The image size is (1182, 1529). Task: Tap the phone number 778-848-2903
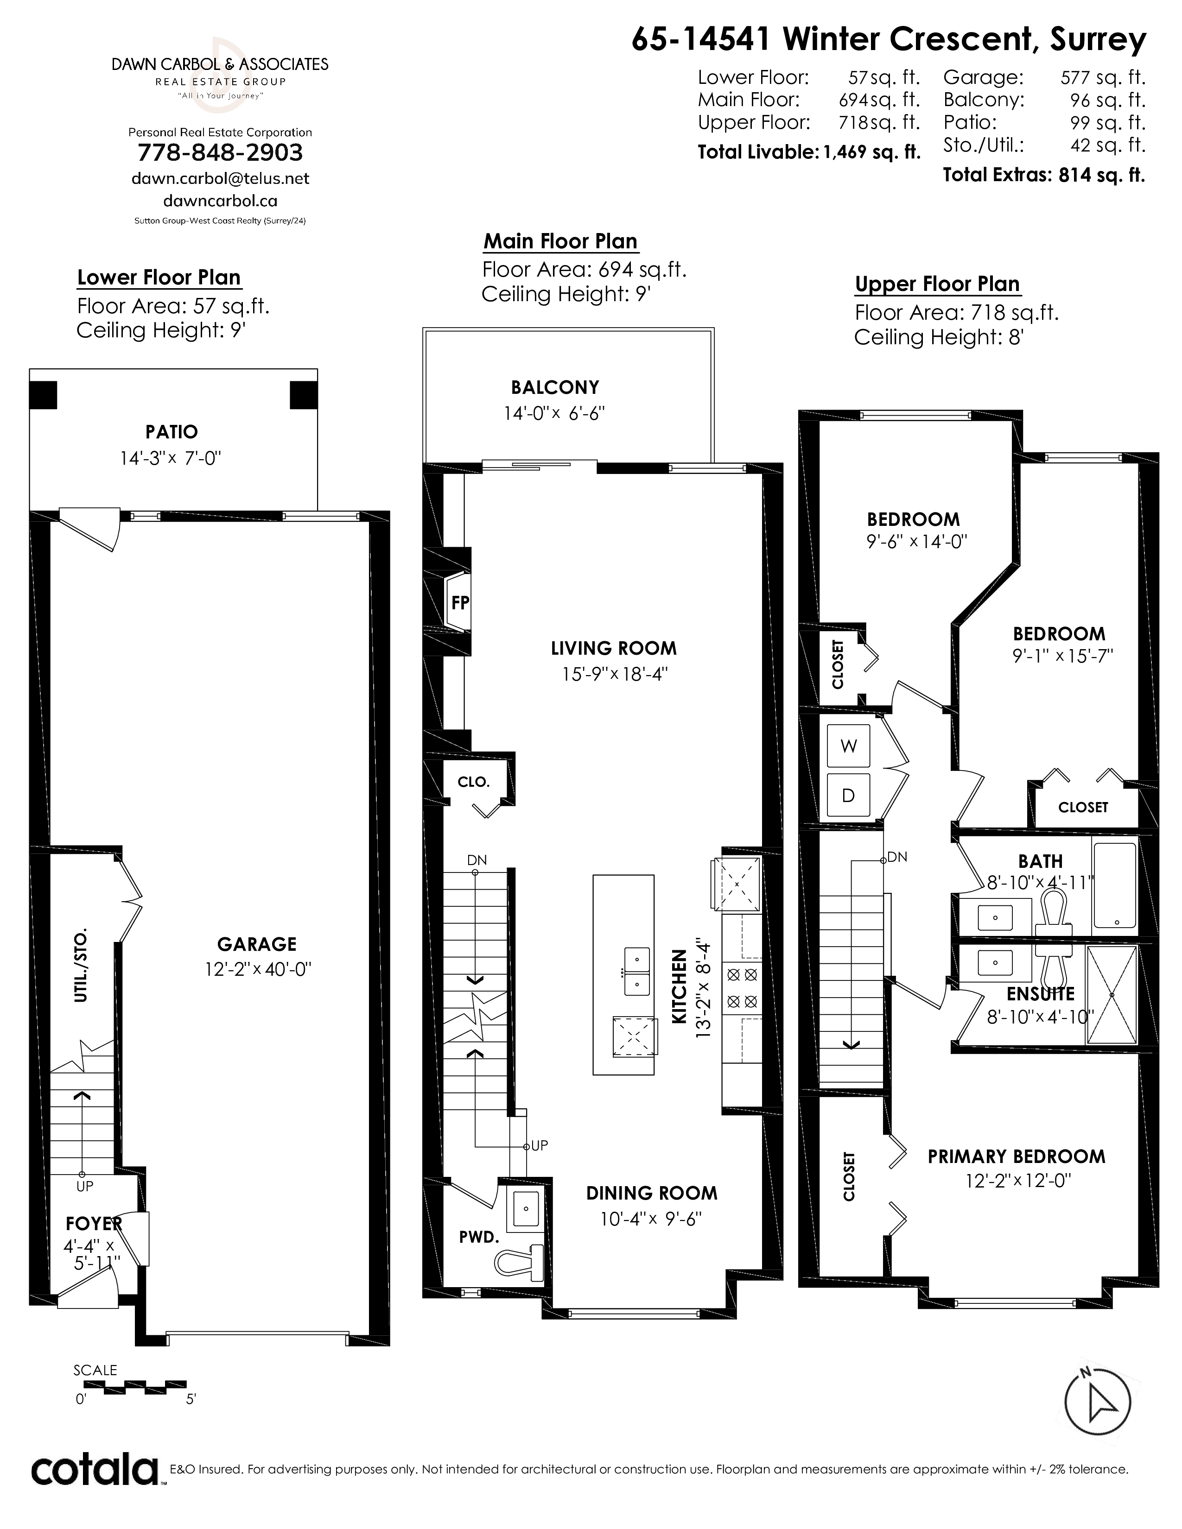coord(221,152)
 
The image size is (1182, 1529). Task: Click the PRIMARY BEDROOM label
coord(1017,1156)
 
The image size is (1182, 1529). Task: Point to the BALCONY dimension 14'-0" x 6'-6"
coord(554,414)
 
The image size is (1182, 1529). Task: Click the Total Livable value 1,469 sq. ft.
coord(872,152)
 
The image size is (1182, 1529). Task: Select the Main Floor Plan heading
coord(560,241)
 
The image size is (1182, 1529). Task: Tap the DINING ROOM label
coord(652,1193)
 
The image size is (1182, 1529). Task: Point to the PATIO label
coord(172,432)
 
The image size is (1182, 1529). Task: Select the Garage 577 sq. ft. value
coord(1103,77)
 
